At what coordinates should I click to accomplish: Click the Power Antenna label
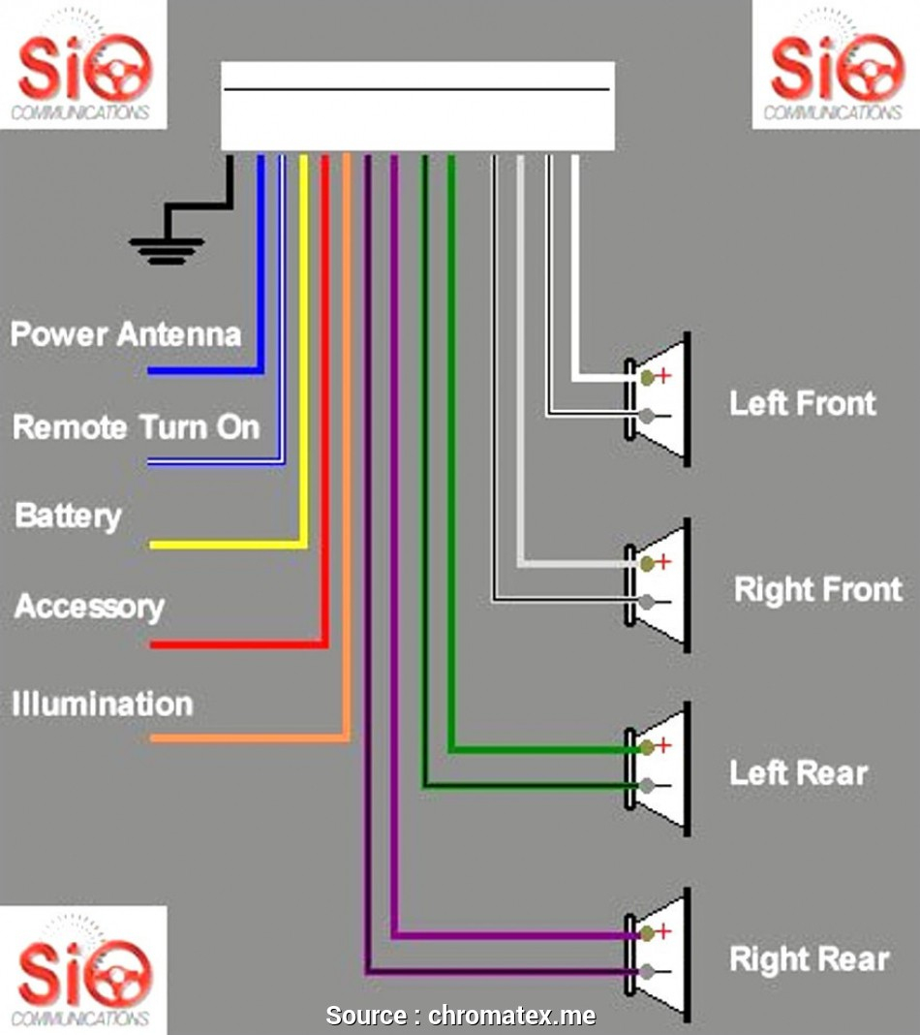(125, 335)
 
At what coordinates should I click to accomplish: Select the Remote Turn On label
(136, 427)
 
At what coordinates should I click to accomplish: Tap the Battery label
(68, 516)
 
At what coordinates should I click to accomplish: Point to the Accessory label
(89, 608)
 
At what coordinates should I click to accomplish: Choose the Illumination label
(102, 704)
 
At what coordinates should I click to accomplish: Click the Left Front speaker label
(802, 403)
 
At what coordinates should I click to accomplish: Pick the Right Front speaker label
(817, 589)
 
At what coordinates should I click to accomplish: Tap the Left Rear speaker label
(798, 773)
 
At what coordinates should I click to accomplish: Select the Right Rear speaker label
(809, 959)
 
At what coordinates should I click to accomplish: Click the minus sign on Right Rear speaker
(663, 972)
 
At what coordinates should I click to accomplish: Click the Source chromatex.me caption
(460, 1016)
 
